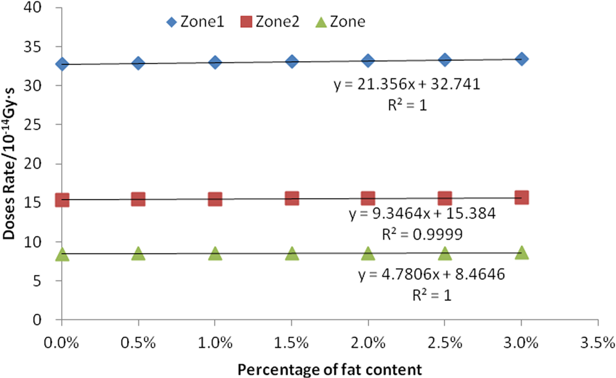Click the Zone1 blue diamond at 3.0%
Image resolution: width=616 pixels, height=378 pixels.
(x=522, y=59)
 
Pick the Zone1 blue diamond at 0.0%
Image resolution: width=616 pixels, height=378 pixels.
(x=62, y=64)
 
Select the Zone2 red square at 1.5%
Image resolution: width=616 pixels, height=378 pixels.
(x=292, y=198)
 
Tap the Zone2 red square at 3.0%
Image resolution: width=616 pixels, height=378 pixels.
(x=522, y=198)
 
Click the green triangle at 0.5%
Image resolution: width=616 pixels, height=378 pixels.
(x=138, y=253)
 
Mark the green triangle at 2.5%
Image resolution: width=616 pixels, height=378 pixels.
(x=445, y=253)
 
